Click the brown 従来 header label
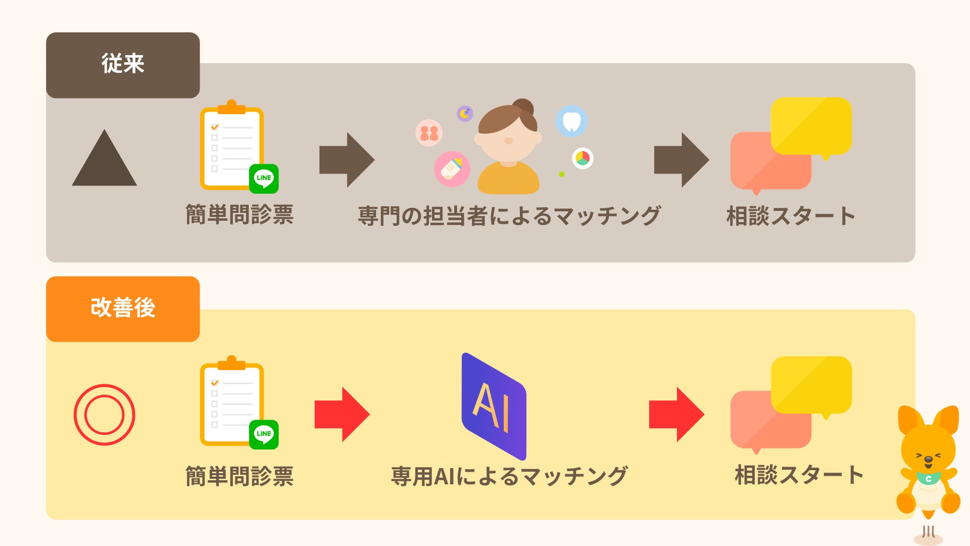(x=123, y=65)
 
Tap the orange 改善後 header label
(x=123, y=308)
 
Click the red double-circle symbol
(x=105, y=415)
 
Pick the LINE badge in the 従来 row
(x=264, y=178)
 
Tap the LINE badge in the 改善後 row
(x=264, y=434)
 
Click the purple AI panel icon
(x=494, y=406)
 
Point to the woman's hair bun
(x=523, y=107)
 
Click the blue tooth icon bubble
(x=571, y=121)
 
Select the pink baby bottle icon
(x=452, y=169)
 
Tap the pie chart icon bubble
(x=583, y=158)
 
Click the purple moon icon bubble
(x=465, y=113)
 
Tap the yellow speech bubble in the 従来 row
(x=811, y=126)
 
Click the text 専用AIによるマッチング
(x=509, y=476)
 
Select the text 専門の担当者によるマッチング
(x=509, y=216)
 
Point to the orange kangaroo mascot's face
(x=928, y=452)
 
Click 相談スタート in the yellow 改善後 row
(x=799, y=475)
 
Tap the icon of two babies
(x=429, y=133)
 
